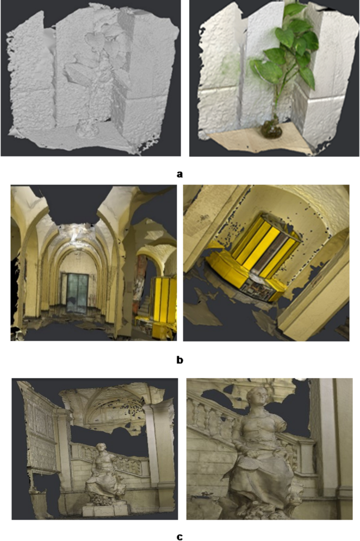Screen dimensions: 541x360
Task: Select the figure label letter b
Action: click(180, 360)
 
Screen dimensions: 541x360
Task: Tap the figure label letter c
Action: click(180, 536)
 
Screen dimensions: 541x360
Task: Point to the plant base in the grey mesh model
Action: click(84, 127)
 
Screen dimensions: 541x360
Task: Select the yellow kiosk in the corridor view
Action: click(161, 299)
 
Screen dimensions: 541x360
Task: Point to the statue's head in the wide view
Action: click(101, 448)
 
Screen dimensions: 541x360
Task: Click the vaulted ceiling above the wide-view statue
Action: click(105, 402)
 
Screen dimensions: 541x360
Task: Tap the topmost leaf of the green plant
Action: click(294, 9)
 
